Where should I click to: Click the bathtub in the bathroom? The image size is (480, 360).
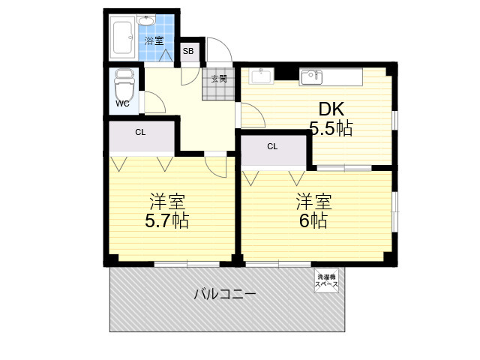122,37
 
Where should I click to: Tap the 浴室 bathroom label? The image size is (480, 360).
154,40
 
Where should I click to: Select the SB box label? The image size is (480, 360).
188,51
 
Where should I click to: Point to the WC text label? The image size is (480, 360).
122,103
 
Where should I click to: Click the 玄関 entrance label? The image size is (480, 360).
219,79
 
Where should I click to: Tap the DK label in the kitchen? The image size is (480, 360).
331,109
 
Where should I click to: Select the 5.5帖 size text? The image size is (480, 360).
331,128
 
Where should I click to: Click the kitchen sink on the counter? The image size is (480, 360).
311,77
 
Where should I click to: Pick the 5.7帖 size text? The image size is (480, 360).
166,220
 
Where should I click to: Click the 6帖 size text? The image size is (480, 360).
313,220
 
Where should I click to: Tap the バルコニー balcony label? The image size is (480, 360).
225,295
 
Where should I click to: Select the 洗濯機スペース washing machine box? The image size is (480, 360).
327,280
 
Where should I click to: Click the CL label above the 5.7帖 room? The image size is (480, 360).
140,133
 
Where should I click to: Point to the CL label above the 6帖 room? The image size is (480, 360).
272,147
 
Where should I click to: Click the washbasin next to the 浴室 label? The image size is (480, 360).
147,21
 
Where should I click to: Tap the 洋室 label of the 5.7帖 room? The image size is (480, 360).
166,202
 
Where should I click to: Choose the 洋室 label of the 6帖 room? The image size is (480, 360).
313,202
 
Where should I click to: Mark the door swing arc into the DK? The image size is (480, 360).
258,111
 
